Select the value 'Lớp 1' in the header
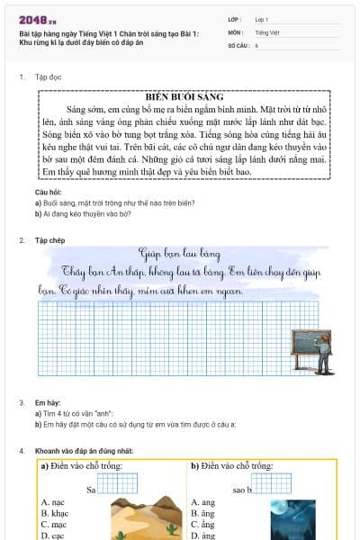(262, 19)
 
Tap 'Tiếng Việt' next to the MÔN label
(267, 31)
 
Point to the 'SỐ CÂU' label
(238, 44)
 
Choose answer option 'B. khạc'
(55, 512)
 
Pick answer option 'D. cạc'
(53, 535)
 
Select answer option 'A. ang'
(202, 501)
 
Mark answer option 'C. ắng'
(203, 524)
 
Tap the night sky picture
(292, 520)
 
